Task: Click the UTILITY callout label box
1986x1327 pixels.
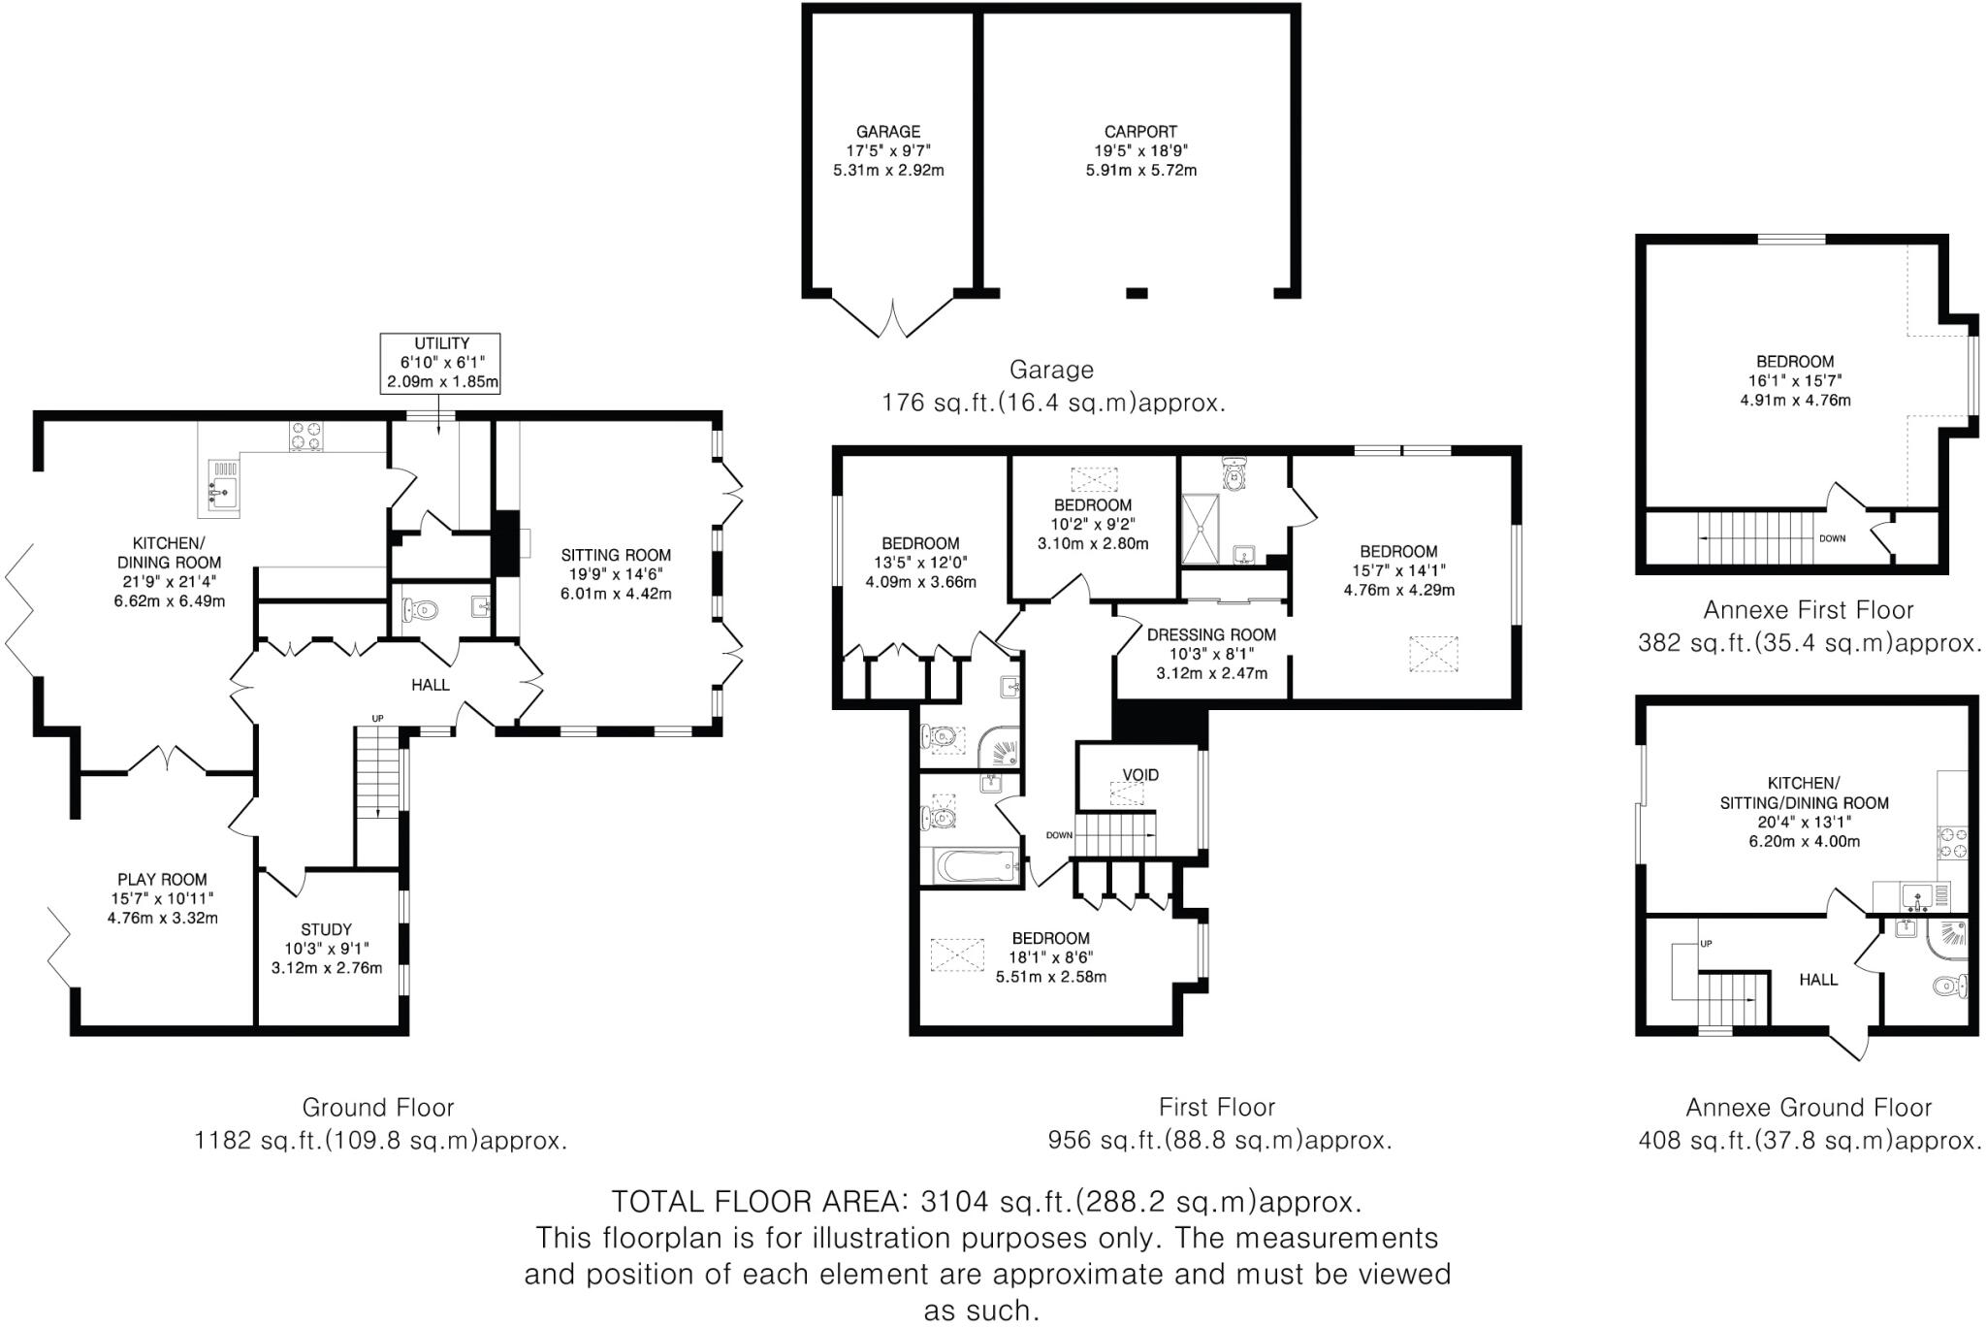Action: (441, 363)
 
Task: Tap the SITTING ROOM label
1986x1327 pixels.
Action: (616, 574)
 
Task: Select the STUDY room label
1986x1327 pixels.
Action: (326, 948)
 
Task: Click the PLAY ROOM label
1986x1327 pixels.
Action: (162, 898)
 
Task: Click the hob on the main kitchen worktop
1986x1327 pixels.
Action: (305, 436)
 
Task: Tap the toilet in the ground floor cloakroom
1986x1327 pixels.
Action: (421, 610)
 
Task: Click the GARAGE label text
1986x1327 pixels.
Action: (887, 132)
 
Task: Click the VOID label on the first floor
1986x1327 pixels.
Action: (1140, 775)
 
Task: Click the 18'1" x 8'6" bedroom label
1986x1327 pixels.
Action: (1050, 957)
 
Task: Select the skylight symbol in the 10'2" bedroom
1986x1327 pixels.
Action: (1093, 479)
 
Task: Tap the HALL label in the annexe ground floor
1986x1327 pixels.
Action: (1818, 980)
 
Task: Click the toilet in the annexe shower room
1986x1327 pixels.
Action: (1948, 987)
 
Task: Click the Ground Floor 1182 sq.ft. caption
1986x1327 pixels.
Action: (378, 1124)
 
